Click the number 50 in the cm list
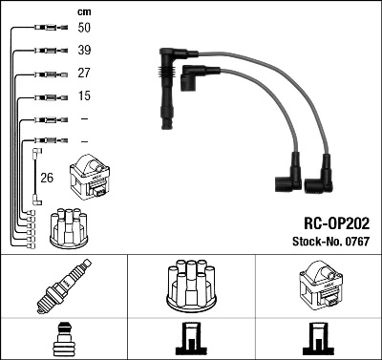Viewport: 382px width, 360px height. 85,29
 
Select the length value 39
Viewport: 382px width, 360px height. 85,51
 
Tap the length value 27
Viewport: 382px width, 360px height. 85,74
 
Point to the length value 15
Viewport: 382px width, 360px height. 85,96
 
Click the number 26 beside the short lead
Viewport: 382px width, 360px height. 47,177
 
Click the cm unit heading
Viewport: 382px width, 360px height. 83,11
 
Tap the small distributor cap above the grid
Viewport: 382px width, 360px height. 72,228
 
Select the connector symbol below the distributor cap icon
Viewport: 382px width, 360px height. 190,340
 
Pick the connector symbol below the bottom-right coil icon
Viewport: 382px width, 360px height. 318,340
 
